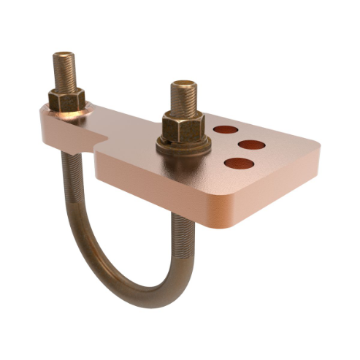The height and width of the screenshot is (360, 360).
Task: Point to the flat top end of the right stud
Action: coord(183,85)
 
